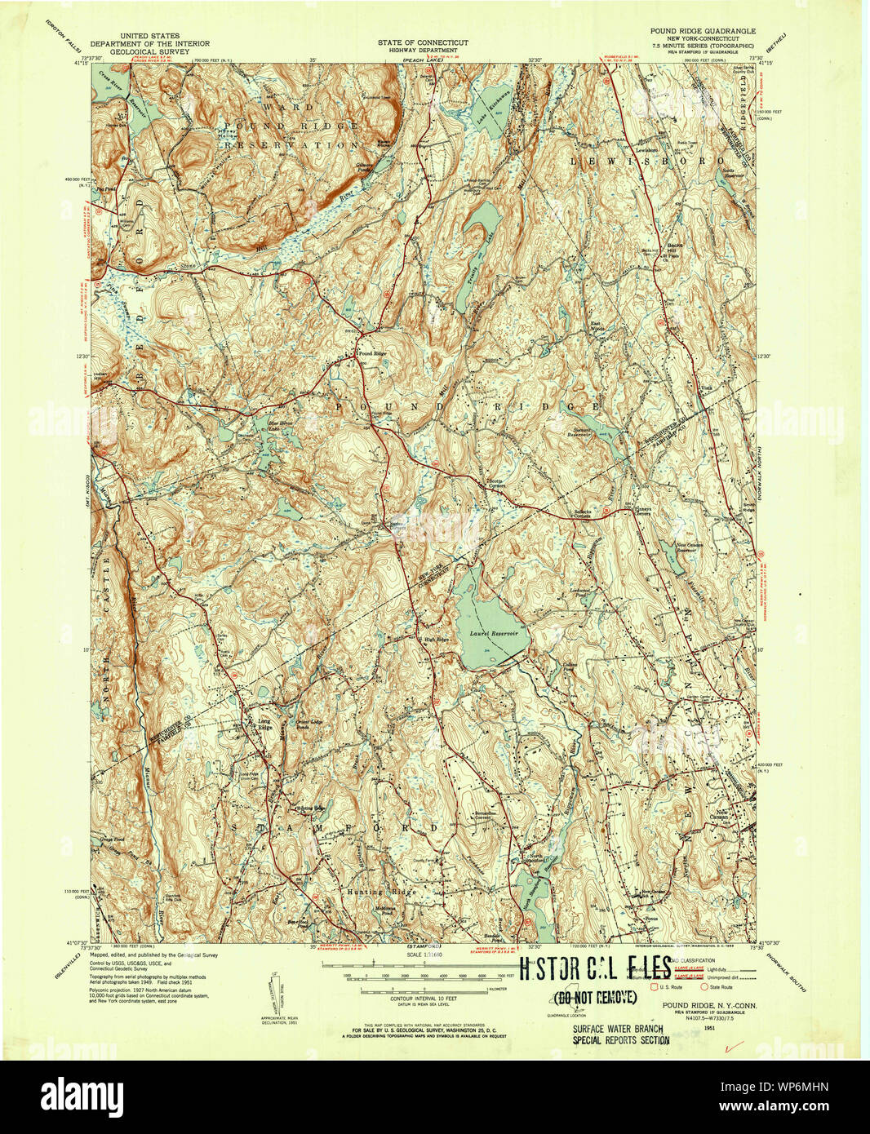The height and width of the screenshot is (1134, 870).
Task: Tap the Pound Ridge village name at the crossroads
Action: [x=371, y=353]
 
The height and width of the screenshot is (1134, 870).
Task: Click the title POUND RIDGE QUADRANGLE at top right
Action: [x=703, y=31]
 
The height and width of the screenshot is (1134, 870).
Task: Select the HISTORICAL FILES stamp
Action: [x=596, y=969]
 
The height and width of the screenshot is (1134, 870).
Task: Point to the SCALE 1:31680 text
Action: [x=423, y=954]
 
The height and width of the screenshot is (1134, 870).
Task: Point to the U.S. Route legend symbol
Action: [x=653, y=986]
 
